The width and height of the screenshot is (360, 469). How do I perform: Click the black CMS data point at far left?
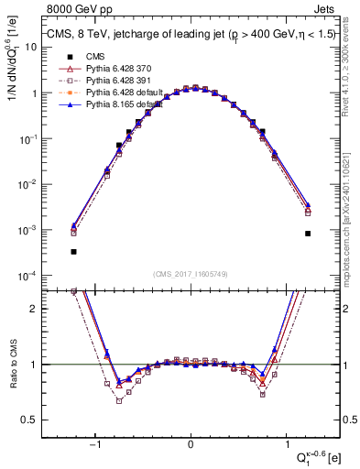[73, 251]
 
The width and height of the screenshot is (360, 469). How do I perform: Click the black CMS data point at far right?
[308, 234]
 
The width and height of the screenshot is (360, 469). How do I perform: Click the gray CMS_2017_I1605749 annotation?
[191, 274]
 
